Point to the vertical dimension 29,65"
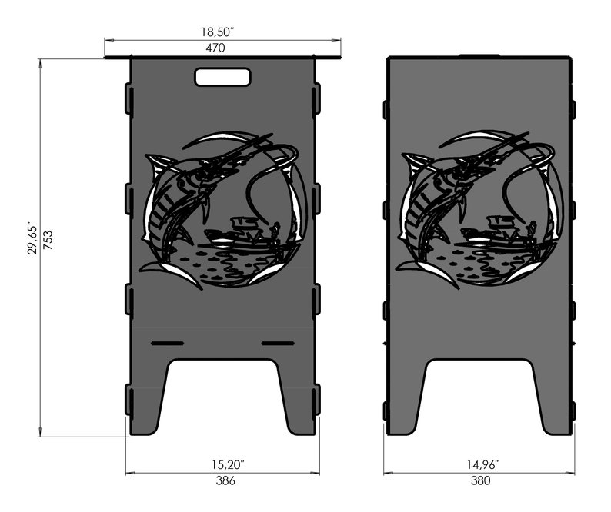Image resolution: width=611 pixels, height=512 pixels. coord(32,239)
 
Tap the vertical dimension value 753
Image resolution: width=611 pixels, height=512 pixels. coord(47,239)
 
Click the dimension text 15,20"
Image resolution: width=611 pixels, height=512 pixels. coord(223,464)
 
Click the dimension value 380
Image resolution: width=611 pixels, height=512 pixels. coord(480,481)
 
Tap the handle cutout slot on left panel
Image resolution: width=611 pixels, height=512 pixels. coord(222,77)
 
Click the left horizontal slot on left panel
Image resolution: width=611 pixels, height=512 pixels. coord(167,342)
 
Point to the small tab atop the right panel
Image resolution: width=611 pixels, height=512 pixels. coord(479,56)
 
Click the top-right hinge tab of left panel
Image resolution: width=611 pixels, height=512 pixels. coord(316,98)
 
